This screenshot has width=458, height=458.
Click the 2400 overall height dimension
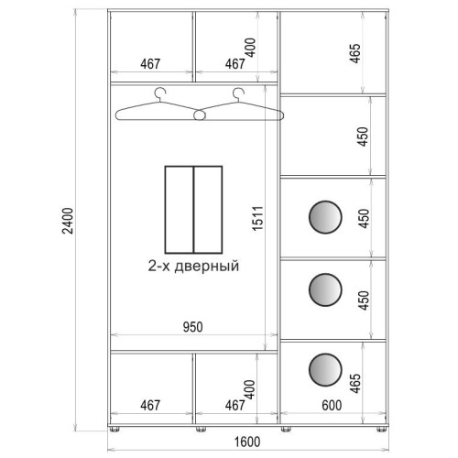point(68,221)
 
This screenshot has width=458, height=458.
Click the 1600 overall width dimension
point(247,442)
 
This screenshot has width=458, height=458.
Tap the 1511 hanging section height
point(257,218)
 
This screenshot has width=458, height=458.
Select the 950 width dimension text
point(192,327)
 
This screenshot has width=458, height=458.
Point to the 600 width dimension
point(332,406)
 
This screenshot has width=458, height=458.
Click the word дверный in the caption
point(207,266)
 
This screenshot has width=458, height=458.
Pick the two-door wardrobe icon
point(193,210)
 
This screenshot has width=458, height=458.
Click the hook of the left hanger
point(160,93)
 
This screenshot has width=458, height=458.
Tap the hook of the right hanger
point(238,93)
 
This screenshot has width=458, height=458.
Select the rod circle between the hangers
point(200,115)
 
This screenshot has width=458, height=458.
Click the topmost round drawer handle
point(325,217)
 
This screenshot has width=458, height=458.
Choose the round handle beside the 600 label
point(325,370)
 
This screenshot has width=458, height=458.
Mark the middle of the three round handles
point(325,289)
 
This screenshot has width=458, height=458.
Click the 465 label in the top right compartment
point(355,53)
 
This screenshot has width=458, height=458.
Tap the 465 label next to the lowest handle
point(355,383)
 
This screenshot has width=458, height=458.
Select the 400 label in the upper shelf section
point(251,48)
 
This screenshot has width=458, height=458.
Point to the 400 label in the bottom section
point(250,389)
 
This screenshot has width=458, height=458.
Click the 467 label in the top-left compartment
point(150,64)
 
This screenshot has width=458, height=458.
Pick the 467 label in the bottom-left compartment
point(150,406)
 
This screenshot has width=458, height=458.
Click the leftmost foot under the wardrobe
point(114,430)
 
